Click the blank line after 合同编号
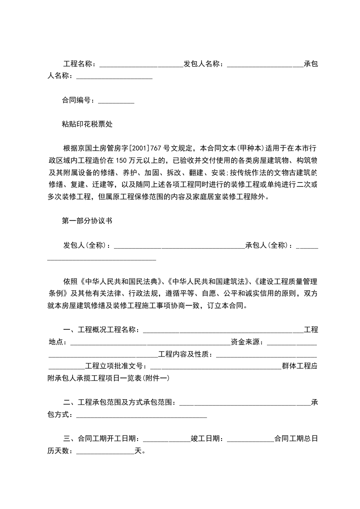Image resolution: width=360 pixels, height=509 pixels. (116, 102)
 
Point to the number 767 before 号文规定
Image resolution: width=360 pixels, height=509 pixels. (157, 148)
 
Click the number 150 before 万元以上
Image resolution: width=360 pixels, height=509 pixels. (123, 160)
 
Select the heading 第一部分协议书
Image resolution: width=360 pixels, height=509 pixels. (87, 221)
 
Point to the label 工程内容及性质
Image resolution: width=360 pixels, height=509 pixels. (185, 354)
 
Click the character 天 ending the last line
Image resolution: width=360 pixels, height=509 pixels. (138, 451)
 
